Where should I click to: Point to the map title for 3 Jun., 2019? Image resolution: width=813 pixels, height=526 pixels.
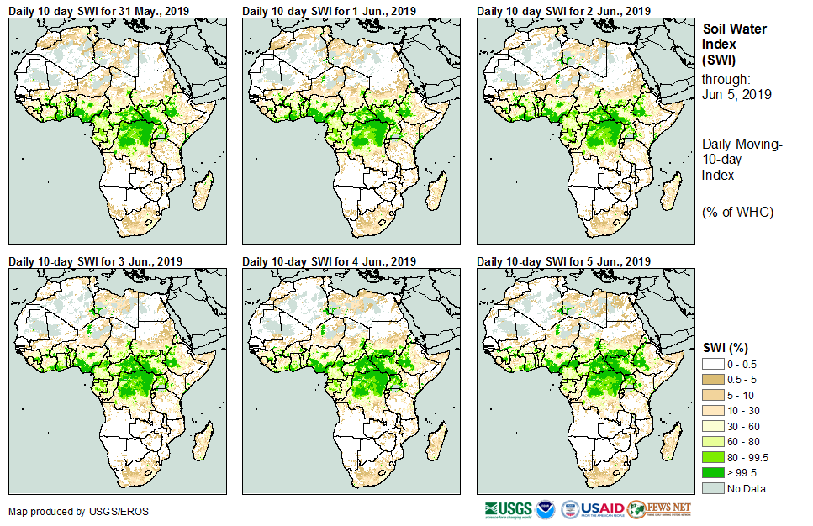click(x=96, y=261)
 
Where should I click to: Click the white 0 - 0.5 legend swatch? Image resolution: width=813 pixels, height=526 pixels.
click(x=713, y=364)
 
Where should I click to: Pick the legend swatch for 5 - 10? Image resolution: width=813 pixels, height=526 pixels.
click(x=713, y=395)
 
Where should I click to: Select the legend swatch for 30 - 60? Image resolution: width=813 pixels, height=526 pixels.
click(x=713, y=426)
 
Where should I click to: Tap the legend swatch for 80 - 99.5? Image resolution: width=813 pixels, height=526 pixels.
click(x=713, y=457)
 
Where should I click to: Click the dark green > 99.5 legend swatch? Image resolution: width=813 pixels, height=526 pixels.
click(x=713, y=473)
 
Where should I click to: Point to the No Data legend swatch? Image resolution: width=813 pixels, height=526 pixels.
click(x=713, y=488)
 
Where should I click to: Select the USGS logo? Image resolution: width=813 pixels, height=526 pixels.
click(x=508, y=509)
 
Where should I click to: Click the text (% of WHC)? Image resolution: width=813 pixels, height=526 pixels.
click(x=737, y=211)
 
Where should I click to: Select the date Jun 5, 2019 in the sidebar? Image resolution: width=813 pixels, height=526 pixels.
click(x=736, y=94)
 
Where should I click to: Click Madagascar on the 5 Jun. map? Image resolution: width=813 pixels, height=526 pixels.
click(x=669, y=440)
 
